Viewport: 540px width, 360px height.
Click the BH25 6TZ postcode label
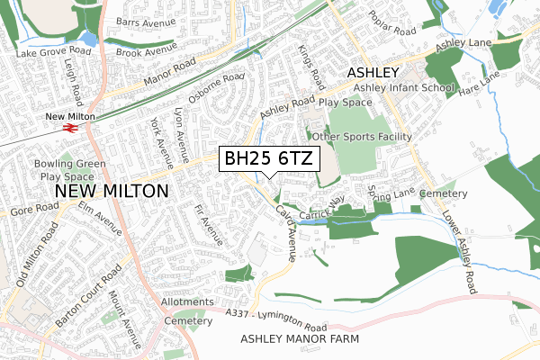267,158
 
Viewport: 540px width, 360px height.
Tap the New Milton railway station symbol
69,128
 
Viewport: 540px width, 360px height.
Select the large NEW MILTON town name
112,192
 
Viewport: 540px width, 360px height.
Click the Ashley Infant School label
403,88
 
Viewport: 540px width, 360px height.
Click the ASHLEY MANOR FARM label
300,338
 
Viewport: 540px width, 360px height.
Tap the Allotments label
187,303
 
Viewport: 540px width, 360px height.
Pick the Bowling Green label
69,164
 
